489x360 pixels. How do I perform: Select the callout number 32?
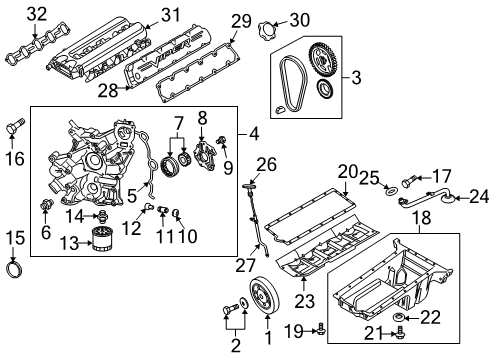[36, 13]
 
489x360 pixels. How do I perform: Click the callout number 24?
[479, 195]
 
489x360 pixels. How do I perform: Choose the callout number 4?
[253, 132]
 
